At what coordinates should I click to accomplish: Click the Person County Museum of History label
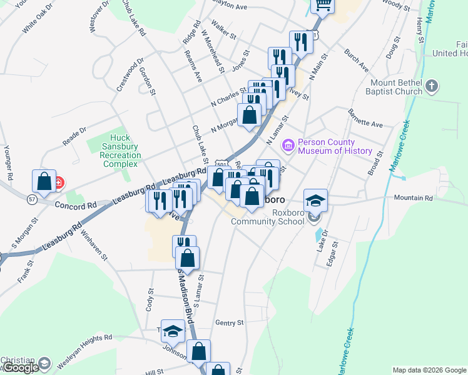pos(335,146)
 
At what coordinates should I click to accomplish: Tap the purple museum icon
pos(288,146)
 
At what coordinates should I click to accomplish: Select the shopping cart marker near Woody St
pos(323,5)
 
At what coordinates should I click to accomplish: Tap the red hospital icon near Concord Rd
pos(59,183)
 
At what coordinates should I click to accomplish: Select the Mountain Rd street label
pos(413,198)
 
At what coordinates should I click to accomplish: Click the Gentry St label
pos(229,322)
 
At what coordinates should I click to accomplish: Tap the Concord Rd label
pos(75,205)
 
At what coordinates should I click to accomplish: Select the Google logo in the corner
pos(21,367)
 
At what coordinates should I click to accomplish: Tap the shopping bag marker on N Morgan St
pos(249,114)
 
